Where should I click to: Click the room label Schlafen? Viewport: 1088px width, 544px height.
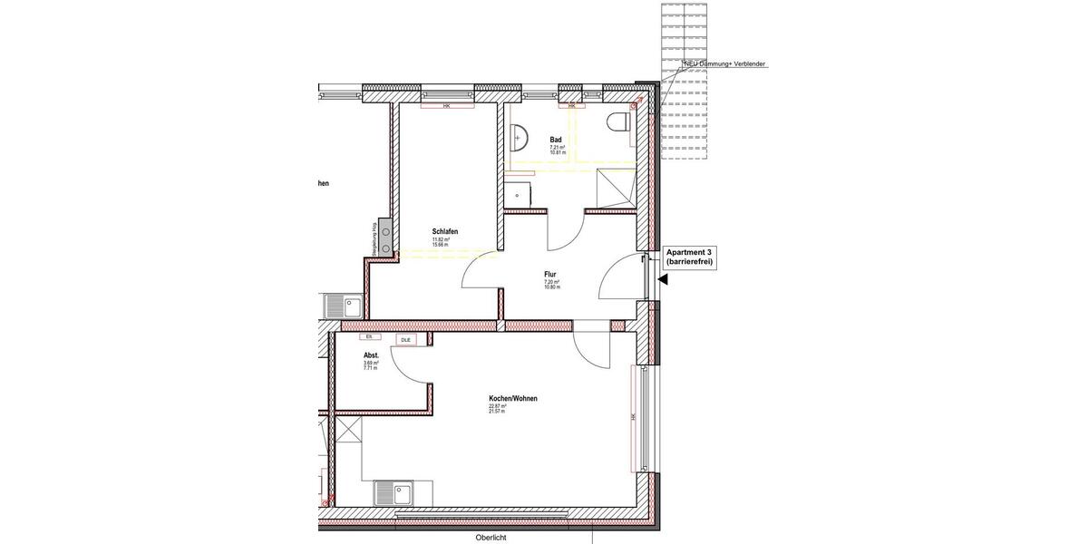pos(445,231)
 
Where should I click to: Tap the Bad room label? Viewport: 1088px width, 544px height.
pos(556,140)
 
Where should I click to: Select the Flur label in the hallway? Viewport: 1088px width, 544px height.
pos(550,274)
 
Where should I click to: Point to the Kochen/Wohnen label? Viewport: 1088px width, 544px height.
pos(513,398)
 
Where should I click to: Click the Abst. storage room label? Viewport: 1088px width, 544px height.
pos(371,355)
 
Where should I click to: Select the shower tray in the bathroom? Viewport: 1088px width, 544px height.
pos(615,189)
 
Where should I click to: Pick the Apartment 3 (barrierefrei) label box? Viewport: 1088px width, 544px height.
pos(689,257)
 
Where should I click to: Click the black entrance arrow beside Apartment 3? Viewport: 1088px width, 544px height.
pos(663,280)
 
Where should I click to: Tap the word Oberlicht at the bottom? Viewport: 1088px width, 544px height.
pos(491,537)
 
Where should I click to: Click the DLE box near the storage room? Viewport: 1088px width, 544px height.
pos(405,340)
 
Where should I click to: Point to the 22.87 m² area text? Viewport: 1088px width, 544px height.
pos(497,406)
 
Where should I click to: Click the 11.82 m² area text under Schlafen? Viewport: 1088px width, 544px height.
pos(441,239)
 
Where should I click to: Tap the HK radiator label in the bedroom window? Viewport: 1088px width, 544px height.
pos(447,106)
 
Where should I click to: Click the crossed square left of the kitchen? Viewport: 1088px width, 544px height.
pos(348,429)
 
